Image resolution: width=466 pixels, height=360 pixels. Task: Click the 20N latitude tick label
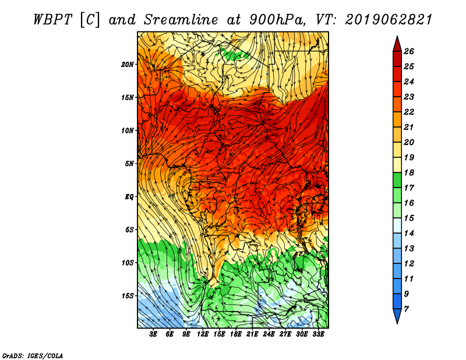128,65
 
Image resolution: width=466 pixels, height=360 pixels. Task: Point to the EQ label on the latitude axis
129,197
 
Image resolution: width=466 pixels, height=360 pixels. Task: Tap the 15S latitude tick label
128,296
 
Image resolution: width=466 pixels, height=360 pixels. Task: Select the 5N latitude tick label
129,164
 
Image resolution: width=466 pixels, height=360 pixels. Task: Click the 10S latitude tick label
128,263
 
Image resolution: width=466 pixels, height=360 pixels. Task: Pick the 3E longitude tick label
153,334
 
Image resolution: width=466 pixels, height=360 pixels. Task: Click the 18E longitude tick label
236,334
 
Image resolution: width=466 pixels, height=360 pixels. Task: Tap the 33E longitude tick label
318,334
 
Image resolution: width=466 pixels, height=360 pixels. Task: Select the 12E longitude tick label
203,334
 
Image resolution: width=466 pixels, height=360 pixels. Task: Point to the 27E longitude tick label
285,334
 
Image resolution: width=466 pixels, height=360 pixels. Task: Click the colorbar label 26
409,51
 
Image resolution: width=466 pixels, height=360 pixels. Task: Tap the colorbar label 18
409,172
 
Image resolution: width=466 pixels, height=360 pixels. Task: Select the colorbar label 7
406,309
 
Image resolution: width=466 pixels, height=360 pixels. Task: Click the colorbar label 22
409,112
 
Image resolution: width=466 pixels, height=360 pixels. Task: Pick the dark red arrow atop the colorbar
397,45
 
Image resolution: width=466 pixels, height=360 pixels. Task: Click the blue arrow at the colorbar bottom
397,316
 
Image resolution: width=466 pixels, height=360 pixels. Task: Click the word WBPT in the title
52,20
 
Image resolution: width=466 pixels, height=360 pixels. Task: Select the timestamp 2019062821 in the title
389,20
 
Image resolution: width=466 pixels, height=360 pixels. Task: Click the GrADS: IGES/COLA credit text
33,356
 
